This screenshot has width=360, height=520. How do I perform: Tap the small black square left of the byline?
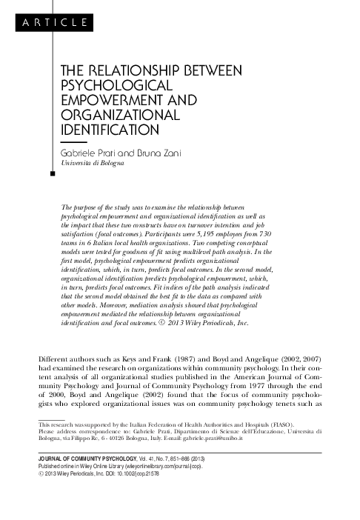point(51,176)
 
